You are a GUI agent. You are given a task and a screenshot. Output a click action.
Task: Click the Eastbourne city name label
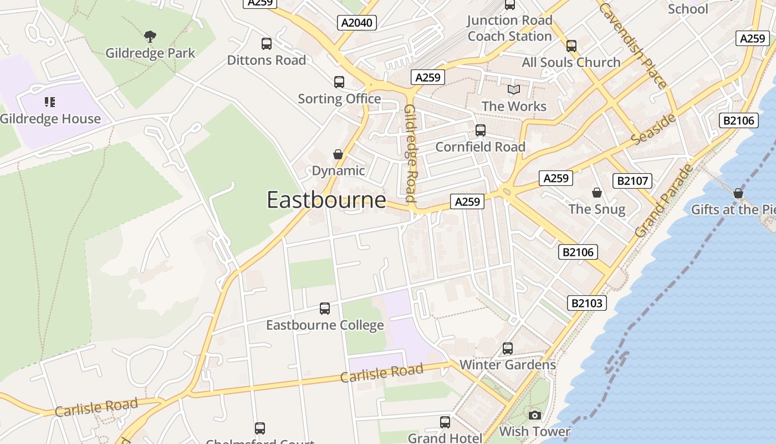[x=326, y=200]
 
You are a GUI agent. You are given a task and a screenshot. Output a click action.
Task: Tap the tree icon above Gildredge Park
[x=150, y=37]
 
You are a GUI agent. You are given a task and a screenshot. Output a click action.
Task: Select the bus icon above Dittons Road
[x=267, y=44]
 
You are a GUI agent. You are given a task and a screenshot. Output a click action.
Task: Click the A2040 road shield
[x=357, y=23]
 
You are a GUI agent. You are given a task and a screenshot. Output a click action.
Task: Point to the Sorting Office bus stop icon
[x=339, y=82]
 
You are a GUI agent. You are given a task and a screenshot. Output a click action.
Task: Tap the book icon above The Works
[x=514, y=89]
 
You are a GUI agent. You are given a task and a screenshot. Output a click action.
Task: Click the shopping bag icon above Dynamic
[x=338, y=154]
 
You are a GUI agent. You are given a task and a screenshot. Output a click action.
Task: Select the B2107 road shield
[x=632, y=180]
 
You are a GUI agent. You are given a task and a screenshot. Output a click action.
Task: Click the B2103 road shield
[x=587, y=303]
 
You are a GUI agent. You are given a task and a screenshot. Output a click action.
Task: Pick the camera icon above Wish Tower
[x=534, y=415]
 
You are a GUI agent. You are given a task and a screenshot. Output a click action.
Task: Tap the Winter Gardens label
[x=507, y=365]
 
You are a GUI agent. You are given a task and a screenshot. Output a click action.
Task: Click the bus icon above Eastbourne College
[x=325, y=309]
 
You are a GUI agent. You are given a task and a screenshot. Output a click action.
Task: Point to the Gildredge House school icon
[x=50, y=102]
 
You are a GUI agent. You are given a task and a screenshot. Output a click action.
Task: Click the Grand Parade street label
[x=664, y=200]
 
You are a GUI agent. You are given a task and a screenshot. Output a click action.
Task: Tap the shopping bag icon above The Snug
[x=597, y=193]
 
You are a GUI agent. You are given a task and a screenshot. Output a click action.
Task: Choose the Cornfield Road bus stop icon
[x=481, y=130]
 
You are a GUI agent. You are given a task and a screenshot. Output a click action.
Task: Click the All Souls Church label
[x=571, y=62]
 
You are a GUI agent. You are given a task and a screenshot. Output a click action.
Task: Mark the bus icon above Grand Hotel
[x=445, y=422]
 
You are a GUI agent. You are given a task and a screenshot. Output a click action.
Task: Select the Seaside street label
[x=654, y=129]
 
